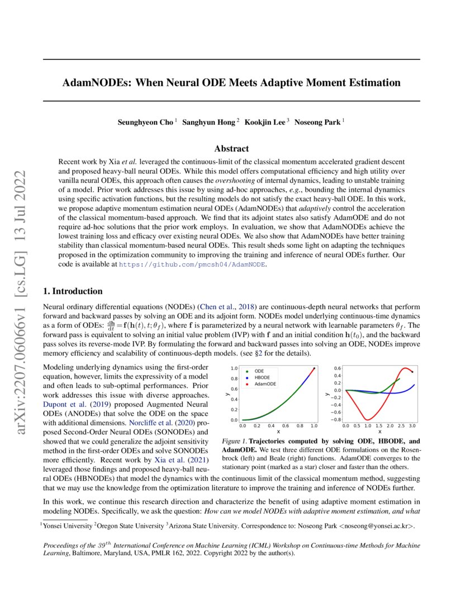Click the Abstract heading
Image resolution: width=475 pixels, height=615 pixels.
point(231,148)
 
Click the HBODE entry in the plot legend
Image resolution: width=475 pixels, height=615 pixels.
point(263,377)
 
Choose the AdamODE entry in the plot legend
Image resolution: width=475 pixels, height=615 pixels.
point(265,384)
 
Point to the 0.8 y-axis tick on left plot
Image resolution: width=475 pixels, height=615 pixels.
point(234,379)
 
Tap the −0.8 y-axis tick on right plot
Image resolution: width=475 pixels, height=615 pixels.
point(335,419)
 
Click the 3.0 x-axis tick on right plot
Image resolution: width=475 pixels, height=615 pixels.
point(412,426)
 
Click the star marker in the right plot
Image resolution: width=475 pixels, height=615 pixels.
point(412,372)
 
